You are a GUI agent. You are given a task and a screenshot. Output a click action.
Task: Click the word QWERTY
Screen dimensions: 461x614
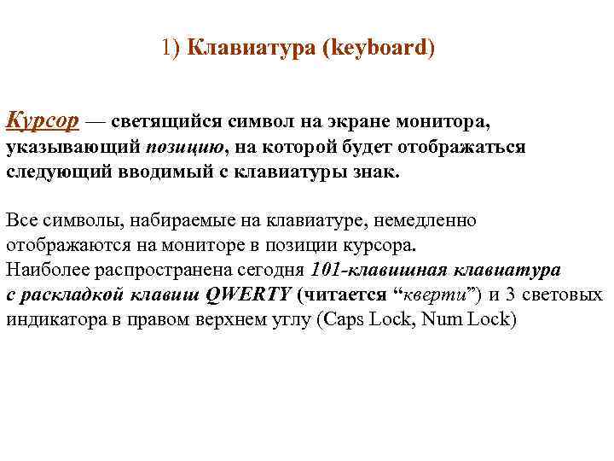point(249,295)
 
